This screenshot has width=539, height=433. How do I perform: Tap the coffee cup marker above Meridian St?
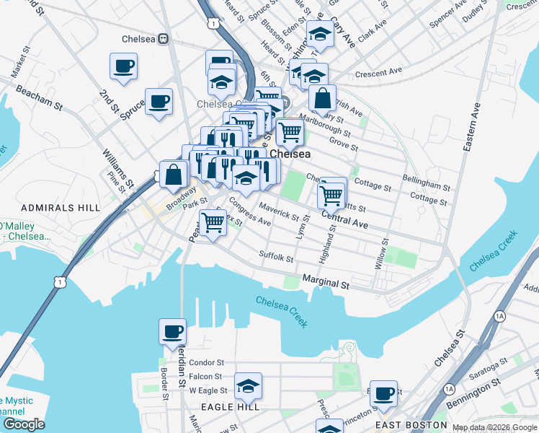coord(172,333)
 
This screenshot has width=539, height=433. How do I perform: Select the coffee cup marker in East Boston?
coord(384,394)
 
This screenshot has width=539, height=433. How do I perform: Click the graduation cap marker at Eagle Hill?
coord(248,387)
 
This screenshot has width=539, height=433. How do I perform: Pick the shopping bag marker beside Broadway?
coord(174,174)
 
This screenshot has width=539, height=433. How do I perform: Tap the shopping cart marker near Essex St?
coord(213,222)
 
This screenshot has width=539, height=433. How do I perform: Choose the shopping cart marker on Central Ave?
coord(331,193)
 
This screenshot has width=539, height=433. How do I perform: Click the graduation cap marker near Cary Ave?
coord(320,34)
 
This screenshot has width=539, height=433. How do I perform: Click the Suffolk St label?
coord(277,256)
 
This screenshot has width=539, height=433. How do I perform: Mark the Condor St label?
coord(206,362)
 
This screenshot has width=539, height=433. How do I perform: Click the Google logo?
coord(24,424)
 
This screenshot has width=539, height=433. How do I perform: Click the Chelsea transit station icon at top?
coord(164,38)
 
